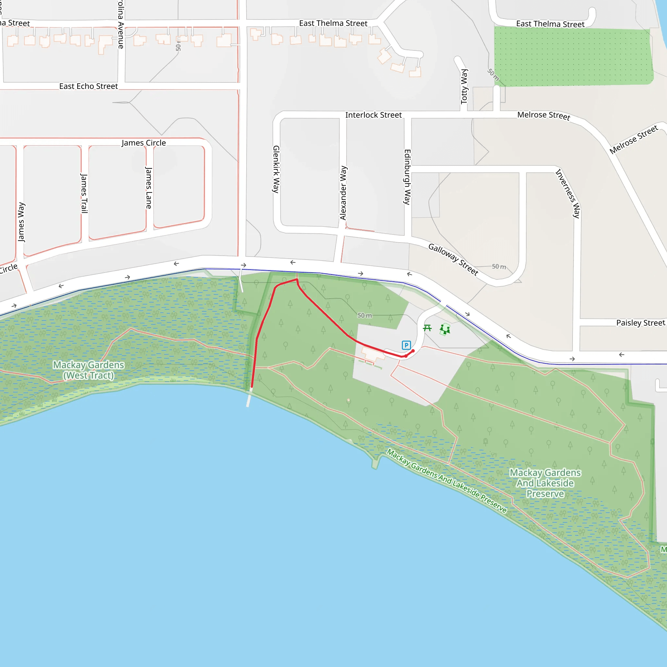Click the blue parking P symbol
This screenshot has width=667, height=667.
[406, 345]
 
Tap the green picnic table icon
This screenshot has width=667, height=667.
[427, 328]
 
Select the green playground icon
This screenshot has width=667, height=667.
[445, 329]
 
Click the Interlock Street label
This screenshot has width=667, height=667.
[374, 115]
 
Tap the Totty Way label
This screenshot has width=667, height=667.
[464, 86]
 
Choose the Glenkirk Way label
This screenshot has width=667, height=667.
[276, 169]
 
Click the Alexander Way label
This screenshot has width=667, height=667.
[343, 193]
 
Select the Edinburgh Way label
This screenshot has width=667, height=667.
[407, 177]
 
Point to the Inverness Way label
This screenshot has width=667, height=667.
[568, 193]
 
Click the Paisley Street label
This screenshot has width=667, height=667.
[640, 323]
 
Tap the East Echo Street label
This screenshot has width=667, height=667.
[88, 86]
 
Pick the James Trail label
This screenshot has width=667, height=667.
[84, 193]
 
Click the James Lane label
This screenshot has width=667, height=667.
[149, 188]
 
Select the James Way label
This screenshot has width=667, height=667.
[21, 222]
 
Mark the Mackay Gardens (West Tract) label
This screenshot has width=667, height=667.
[88, 370]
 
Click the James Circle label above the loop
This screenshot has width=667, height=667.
[144, 143]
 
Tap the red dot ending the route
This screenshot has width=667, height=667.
[413, 351]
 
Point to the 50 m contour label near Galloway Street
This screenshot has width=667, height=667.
[499, 266]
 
